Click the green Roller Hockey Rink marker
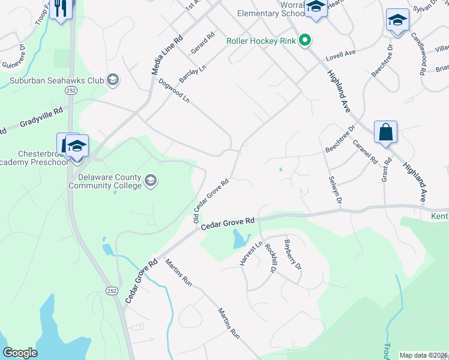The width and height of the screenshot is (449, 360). (306, 41)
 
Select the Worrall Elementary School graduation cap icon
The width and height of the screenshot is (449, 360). (315, 7)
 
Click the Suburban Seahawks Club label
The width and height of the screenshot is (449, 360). (56, 79)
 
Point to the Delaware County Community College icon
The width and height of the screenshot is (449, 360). (151, 180)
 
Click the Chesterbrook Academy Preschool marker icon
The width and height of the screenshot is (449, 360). (77, 147)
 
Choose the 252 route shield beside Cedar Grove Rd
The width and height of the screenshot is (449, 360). (112, 290)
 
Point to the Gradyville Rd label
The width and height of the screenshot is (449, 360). (32, 119)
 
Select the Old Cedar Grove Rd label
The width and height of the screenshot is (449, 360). (211, 200)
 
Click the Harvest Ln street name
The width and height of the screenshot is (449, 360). (252, 255)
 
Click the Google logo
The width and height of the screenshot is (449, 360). (20, 353)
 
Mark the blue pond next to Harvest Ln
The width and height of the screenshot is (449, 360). (241, 239)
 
